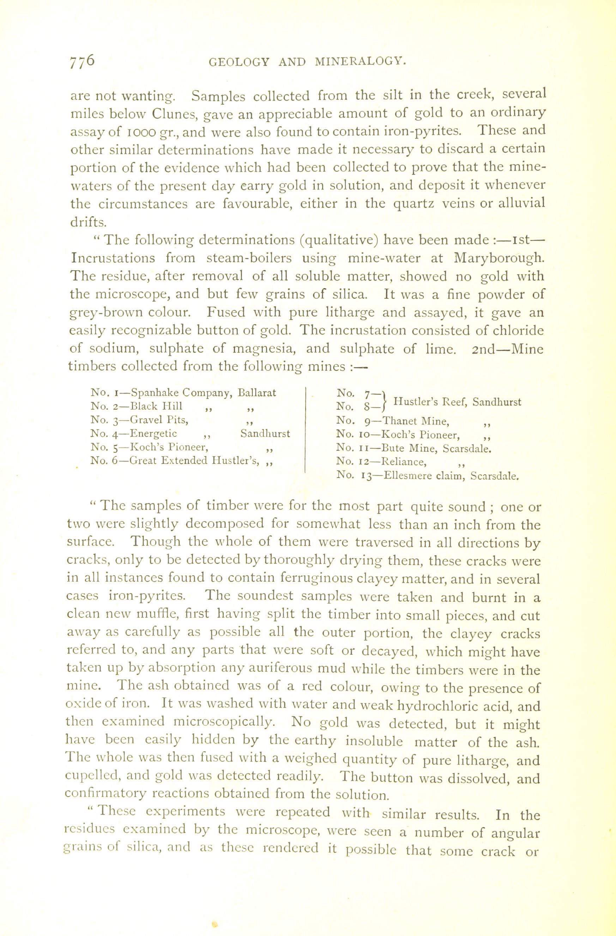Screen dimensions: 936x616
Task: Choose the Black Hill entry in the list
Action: tap(156, 406)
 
